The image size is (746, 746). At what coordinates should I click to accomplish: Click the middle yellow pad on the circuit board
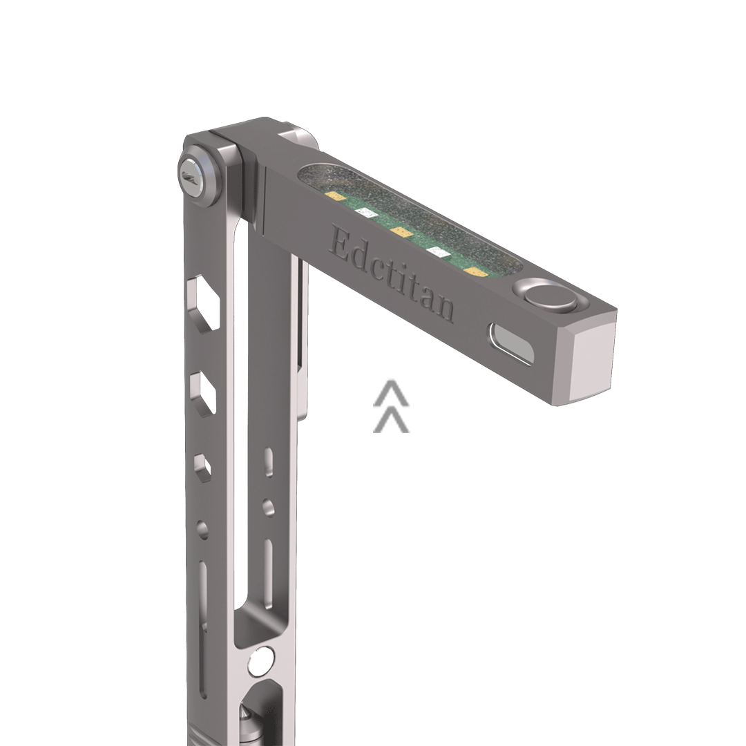pyautogui.click(x=399, y=231)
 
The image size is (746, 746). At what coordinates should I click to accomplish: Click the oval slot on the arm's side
pyautogui.click(x=511, y=343)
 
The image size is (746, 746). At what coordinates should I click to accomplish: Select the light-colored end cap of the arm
pyautogui.click(x=591, y=363)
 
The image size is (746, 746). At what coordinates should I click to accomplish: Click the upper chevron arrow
pyautogui.click(x=391, y=392)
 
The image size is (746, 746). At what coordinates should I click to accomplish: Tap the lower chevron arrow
pyautogui.click(x=391, y=420)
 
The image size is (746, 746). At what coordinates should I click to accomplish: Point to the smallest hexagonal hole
pyautogui.click(x=202, y=466)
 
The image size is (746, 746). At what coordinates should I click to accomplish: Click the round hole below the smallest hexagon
pyautogui.click(x=202, y=530)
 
